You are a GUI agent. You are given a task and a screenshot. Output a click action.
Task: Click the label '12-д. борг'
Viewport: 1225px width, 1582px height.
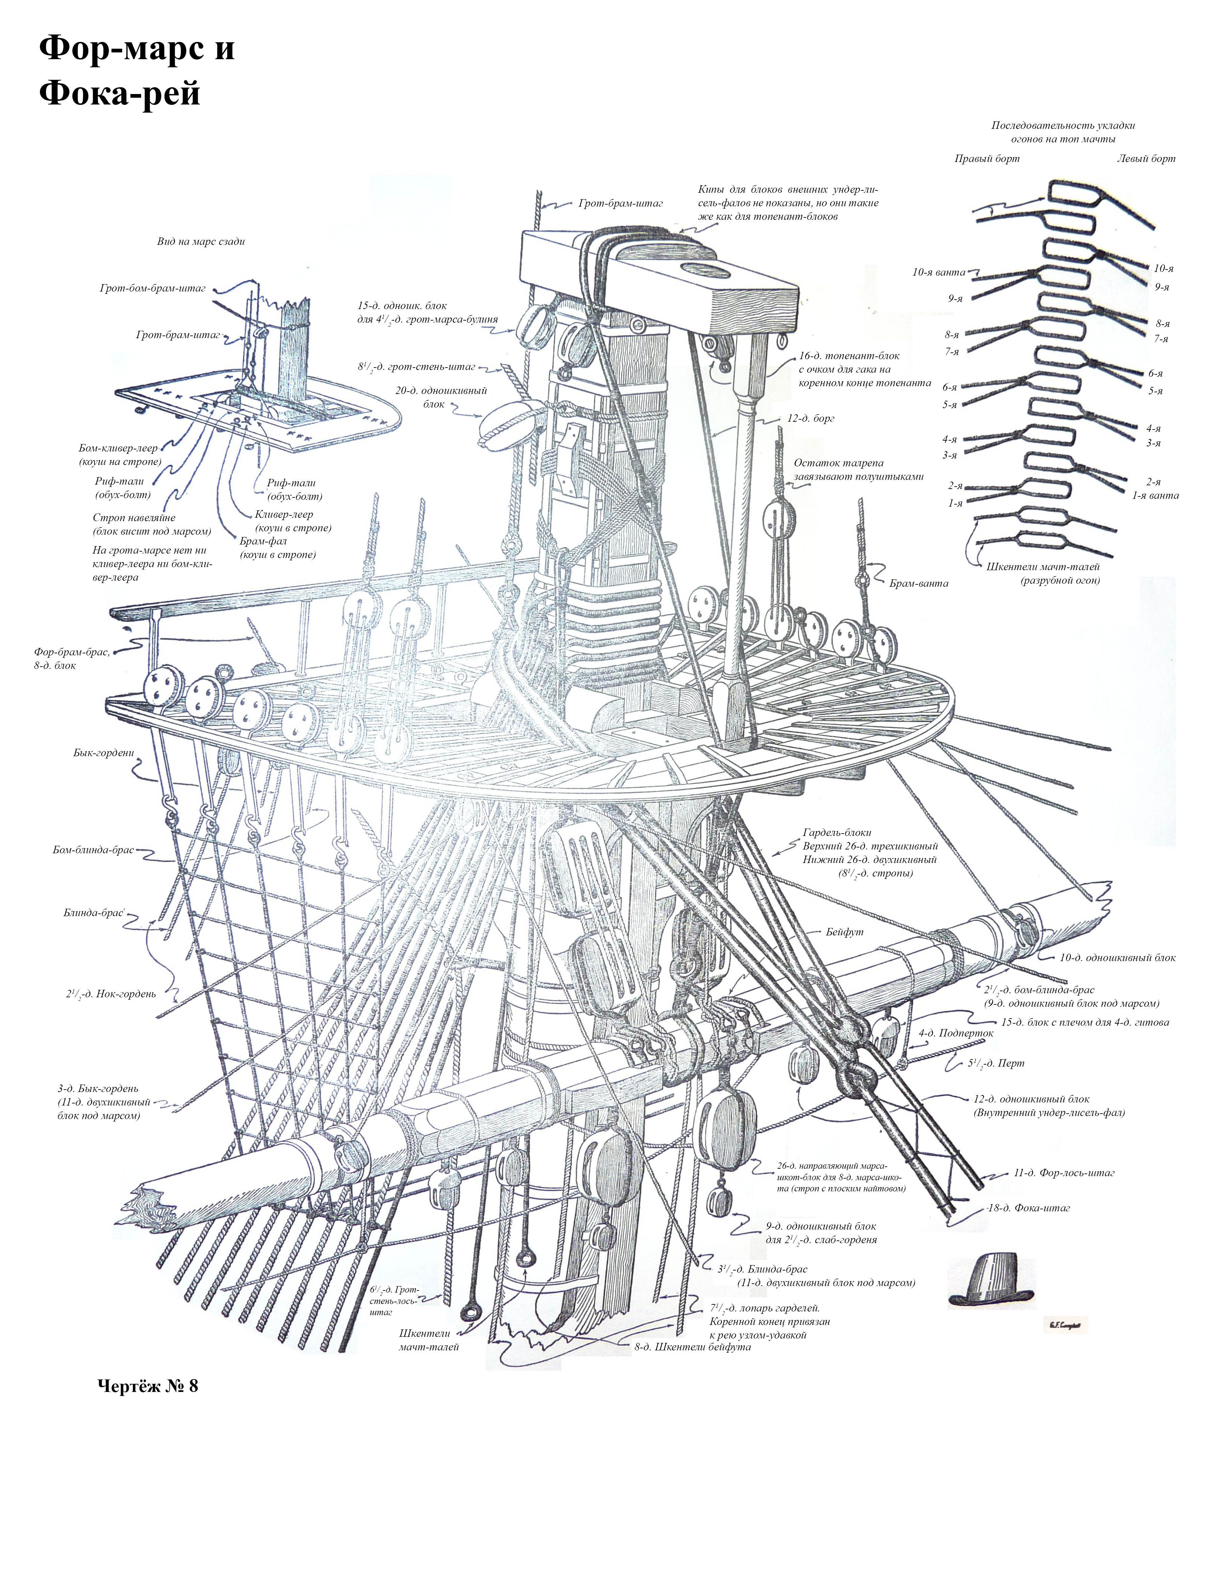pos(810,419)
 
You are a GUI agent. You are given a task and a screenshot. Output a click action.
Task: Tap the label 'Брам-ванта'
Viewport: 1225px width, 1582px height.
pos(919,583)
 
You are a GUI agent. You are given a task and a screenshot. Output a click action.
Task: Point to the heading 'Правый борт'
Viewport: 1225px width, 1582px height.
pos(987,159)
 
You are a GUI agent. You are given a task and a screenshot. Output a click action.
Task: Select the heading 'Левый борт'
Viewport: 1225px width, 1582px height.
pos(1146,159)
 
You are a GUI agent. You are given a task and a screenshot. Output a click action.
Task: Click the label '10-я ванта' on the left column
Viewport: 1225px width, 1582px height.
pos(939,272)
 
